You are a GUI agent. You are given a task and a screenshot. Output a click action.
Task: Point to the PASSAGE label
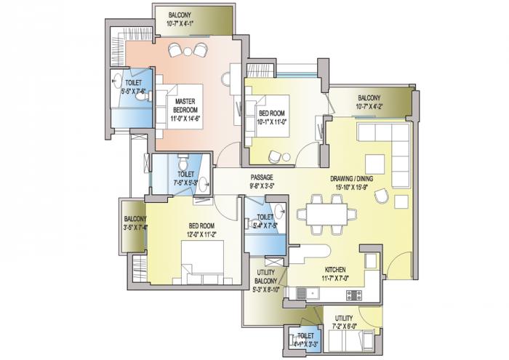pos(262,177)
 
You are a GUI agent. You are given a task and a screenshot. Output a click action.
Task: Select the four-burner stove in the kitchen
pos(355,294)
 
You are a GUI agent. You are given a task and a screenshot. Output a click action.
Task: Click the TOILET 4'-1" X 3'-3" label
pos(301,337)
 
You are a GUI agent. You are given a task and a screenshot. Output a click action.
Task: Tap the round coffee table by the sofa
pos(401,196)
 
